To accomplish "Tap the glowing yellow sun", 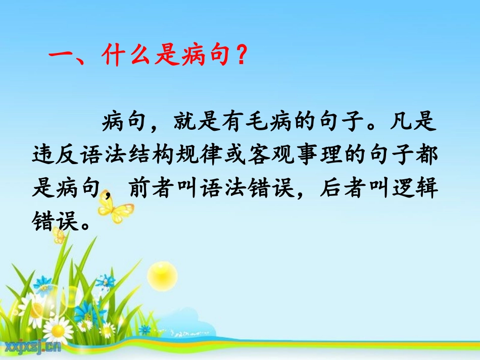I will tap(162, 275).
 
